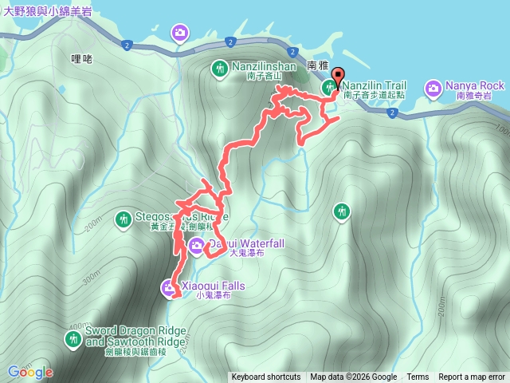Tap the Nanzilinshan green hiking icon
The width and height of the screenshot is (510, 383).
[219, 69]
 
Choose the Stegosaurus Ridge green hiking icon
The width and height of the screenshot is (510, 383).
[123, 218]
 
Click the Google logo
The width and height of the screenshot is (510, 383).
[30, 372]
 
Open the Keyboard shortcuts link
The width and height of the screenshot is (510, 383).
[266, 377]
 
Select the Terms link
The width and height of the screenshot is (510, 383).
[418, 377]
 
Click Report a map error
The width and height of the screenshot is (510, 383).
[472, 377]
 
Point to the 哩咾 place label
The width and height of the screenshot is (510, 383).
[82, 58]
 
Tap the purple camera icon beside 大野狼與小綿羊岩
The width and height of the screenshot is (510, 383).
[181, 33]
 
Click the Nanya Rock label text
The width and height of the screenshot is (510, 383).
[476, 85]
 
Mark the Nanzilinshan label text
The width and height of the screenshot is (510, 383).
[264, 67]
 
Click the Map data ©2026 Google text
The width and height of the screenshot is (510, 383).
[354, 377]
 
